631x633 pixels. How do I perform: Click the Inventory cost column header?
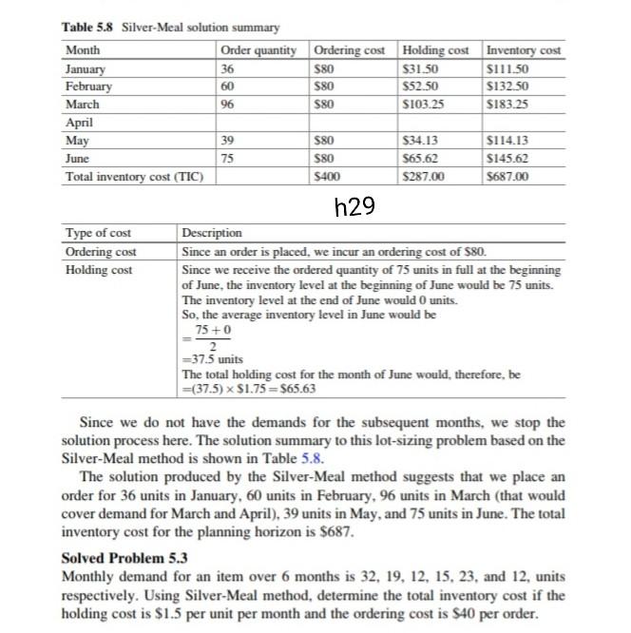click(x=523, y=49)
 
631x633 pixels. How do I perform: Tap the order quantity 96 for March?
click(x=228, y=104)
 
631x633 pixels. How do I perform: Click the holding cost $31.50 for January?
click(x=423, y=69)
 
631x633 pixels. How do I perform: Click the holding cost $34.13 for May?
click(x=423, y=141)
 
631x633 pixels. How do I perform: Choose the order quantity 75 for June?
click(x=228, y=159)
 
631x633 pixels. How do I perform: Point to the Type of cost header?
click(x=98, y=233)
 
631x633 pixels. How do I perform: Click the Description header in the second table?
click(x=211, y=233)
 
